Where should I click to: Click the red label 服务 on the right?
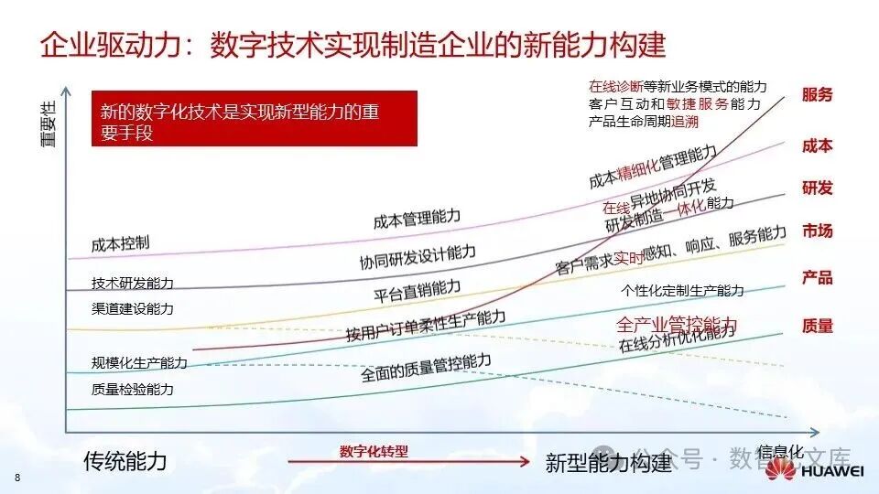coord(817,94)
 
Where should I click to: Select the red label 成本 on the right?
coord(817,146)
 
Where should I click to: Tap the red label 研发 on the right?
coord(817,188)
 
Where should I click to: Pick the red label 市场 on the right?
coord(817,231)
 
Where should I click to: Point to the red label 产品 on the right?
coord(817,277)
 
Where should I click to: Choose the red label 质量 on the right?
coord(817,326)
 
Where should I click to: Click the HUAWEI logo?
coord(815,469)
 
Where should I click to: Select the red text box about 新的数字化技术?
coord(254,119)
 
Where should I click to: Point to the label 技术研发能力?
coord(132,284)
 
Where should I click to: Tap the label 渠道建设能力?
coord(132,308)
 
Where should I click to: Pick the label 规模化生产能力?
coord(139,363)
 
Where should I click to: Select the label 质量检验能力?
coord(132,389)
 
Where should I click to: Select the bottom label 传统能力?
coord(125,460)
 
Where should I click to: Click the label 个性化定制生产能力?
coord(682,291)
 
